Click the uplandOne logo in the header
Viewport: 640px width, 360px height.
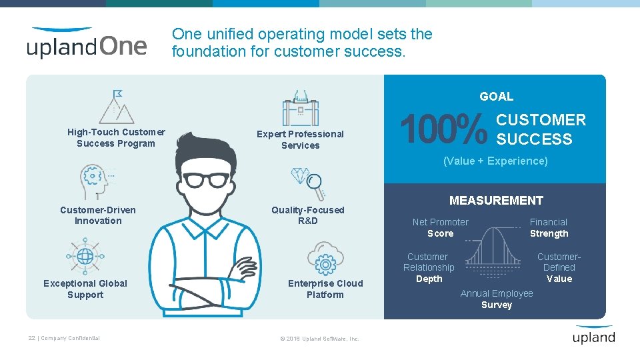[87, 43]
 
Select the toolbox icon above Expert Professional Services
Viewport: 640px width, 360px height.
[301, 109]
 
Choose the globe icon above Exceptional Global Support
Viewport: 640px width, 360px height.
[85, 257]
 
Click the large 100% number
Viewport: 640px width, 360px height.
[443, 129]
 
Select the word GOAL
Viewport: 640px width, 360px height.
[497, 97]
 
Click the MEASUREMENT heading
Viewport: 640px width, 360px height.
[496, 201]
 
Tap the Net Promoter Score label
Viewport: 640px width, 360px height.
[440, 228]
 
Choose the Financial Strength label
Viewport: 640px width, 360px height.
[549, 228]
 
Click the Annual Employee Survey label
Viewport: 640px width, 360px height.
[497, 299]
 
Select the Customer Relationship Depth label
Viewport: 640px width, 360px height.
[429, 267]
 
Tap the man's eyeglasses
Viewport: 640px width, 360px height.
[206, 180]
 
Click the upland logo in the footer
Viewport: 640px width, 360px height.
[593, 335]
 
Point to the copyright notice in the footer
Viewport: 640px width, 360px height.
[319, 339]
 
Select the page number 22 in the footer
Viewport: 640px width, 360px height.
[32, 338]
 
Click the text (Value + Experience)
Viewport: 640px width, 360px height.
[496, 161]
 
